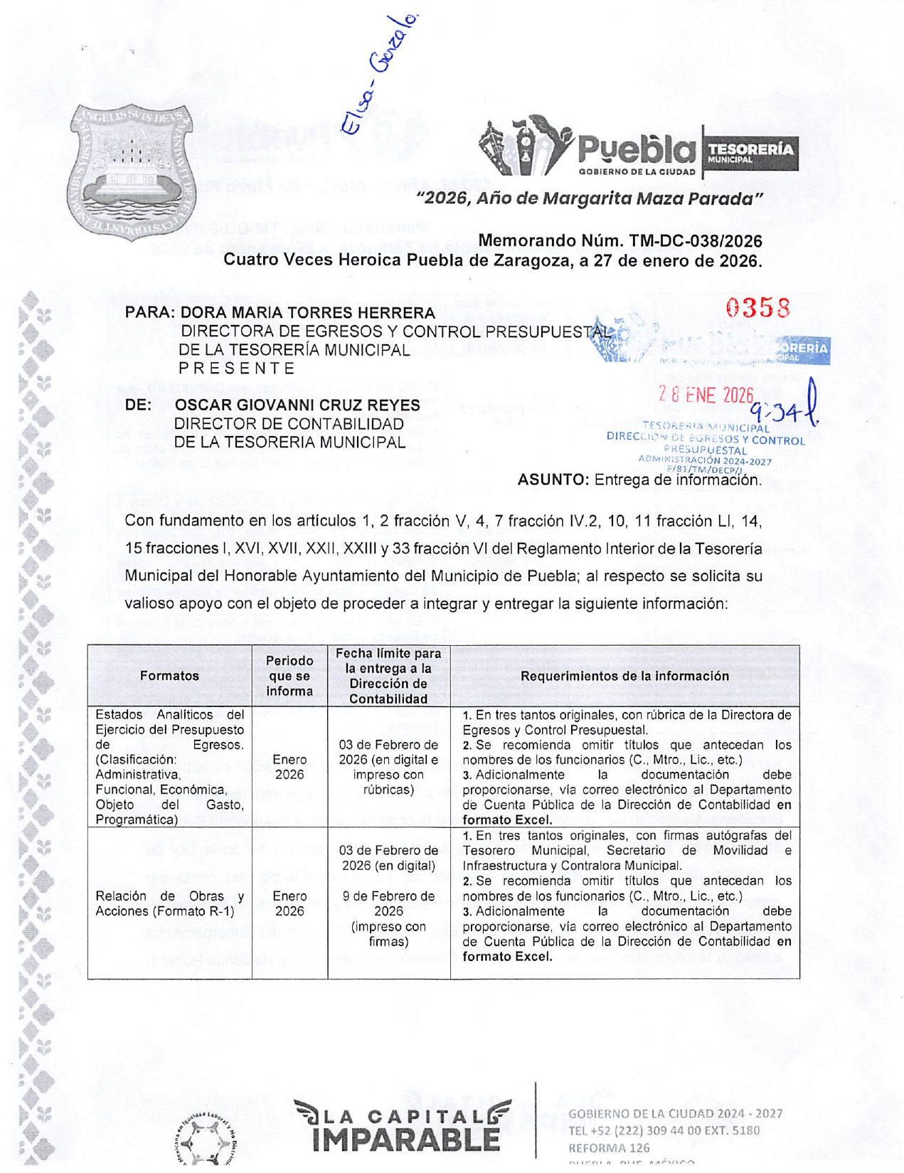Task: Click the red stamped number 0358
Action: click(757, 308)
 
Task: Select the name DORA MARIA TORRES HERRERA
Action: click(307, 312)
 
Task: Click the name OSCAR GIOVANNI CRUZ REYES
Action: click(297, 405)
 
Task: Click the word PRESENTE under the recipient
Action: click(236, 368)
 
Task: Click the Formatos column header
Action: click(169, 676)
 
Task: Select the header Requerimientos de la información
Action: click(624, 676)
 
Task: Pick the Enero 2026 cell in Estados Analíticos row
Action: click(289, 767)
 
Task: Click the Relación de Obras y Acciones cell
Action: click(169, 903)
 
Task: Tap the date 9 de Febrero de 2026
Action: click(388, 903)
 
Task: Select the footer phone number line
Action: click(664, 1130)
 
